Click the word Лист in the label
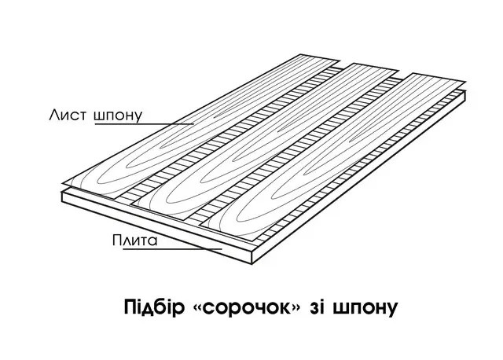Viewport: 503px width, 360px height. (68, 115)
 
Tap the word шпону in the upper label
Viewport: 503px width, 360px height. (118, 116)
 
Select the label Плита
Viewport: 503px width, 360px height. (134, 240)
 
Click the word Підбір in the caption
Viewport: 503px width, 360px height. (154, 307)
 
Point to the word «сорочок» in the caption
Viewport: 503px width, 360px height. (247, 307)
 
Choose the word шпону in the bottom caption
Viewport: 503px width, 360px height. (365, 309)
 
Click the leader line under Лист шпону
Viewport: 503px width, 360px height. (144, 124)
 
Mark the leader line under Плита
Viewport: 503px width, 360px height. (173, 248)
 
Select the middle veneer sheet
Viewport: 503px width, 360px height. (266, 141)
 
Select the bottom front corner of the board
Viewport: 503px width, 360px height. (252, 264)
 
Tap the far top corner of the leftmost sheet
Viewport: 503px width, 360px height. (301, 54)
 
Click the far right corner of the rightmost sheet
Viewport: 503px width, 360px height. (465, 81)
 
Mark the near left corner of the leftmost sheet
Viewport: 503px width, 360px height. (62, 183)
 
